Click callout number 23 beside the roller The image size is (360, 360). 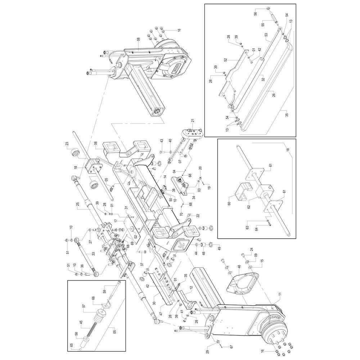pyautogui.click(x=67, y=144)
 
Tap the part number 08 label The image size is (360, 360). pyautogui.click(x=139, y=42)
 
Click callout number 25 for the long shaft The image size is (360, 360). pyautogui.click(x=78, y=204)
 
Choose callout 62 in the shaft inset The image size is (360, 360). pyautogui.click(x=249, y=206)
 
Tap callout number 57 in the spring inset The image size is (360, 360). pyautogui.click(x=84, y=306)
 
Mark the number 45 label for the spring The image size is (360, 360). pyautogui.click(x=81, y=323)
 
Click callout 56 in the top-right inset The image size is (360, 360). pyautogui.click(x=255, y=14)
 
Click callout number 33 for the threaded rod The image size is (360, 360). pyautogui.click(x=93, y=254)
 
